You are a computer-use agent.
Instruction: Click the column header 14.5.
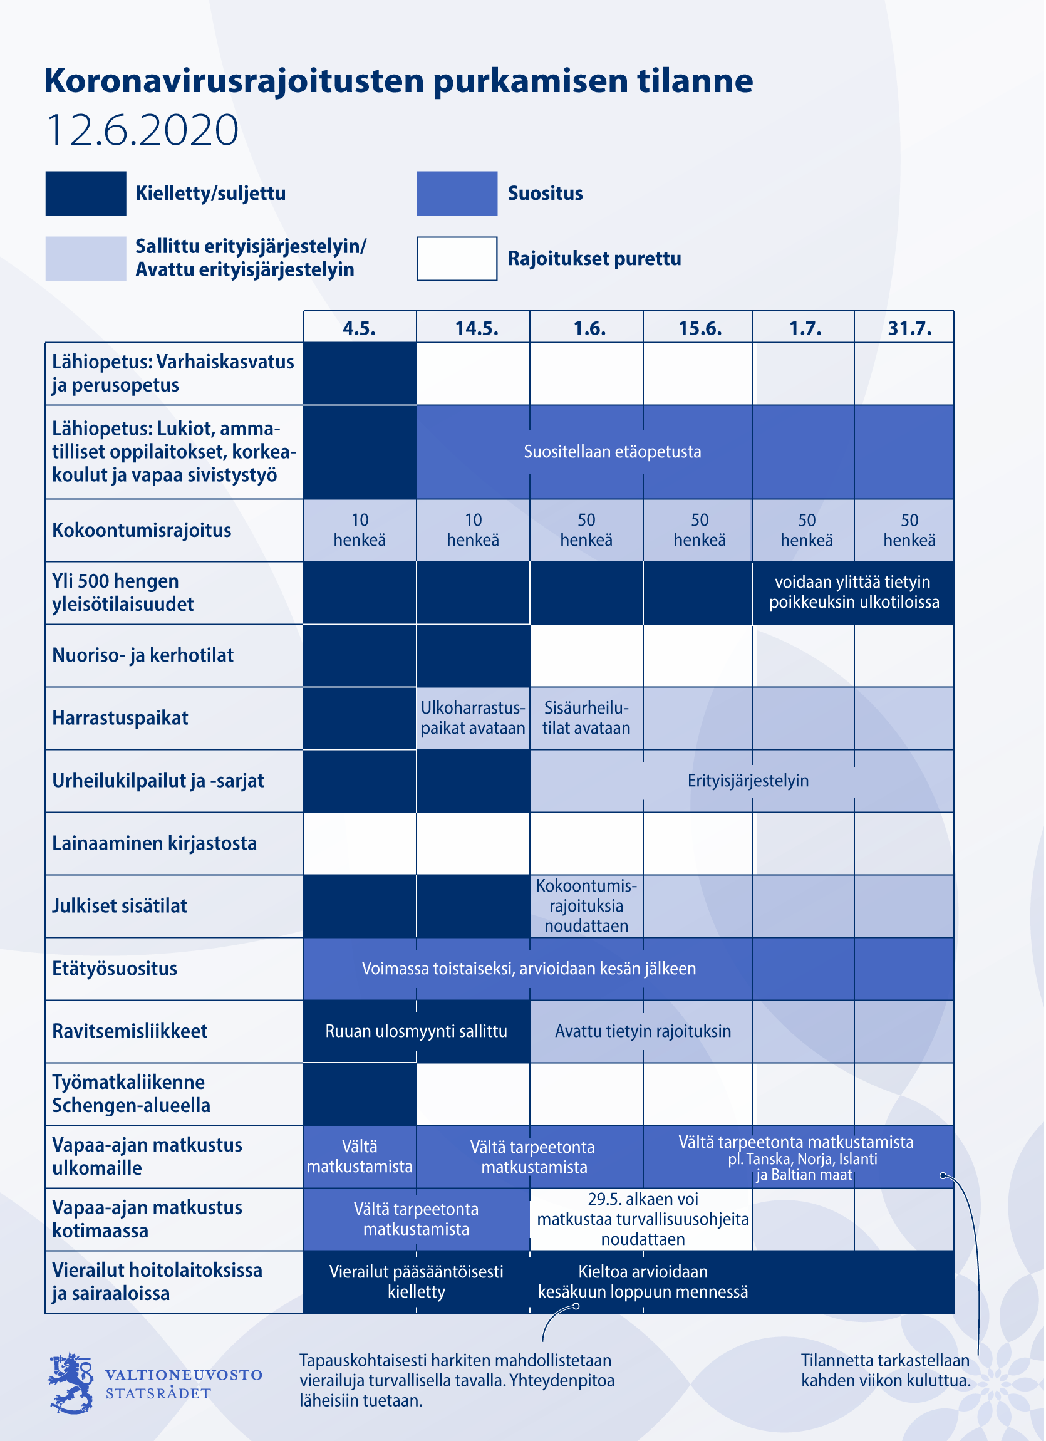pos(477,328)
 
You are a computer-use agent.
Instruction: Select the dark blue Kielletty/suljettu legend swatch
pos(86,194)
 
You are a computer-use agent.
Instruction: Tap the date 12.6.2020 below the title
pos(143,131)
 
